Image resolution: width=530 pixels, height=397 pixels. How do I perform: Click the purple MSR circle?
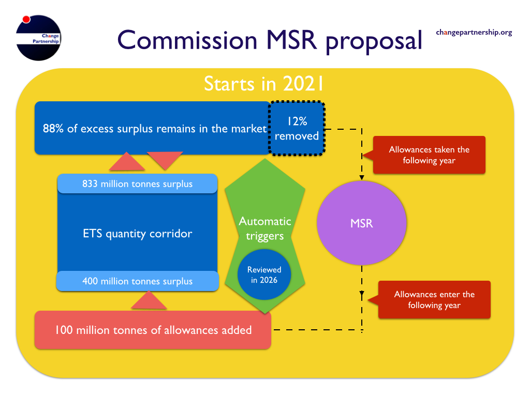tap(362, 223)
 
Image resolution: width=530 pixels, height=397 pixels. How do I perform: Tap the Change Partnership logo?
tap(38, 38)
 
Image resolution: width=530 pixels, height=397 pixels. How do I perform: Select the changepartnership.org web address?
tap(474, 33)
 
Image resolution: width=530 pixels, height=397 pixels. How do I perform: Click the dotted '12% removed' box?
tap(297, 128)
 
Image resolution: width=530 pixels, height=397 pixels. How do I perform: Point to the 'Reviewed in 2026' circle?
tap(264, 274)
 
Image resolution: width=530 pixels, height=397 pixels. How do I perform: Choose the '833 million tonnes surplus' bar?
tap(137, 184)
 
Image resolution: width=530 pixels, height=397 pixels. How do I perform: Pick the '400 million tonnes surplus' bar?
tap(137, 281)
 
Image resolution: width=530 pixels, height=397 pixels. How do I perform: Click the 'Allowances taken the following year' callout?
tap(429, 155)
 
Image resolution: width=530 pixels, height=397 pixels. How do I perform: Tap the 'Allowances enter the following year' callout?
tap(434, 299)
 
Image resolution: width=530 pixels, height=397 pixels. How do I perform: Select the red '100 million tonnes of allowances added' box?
tap(153, 330)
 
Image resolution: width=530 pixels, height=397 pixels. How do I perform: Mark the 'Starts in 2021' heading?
tap(263, 83)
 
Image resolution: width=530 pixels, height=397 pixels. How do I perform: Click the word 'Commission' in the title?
tap(187, 40)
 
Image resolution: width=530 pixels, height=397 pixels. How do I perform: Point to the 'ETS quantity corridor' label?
tap(138, 234)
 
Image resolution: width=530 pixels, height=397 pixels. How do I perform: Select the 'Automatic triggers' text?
tap(265, 228)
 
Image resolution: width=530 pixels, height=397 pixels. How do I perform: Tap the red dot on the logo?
tap(26, 19)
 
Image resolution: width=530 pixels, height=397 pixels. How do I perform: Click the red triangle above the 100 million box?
tap(149, 300)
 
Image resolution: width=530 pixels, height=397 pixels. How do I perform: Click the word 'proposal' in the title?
tap(374, 42)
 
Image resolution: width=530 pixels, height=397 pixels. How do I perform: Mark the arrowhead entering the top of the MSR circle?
tap(362, 178)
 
